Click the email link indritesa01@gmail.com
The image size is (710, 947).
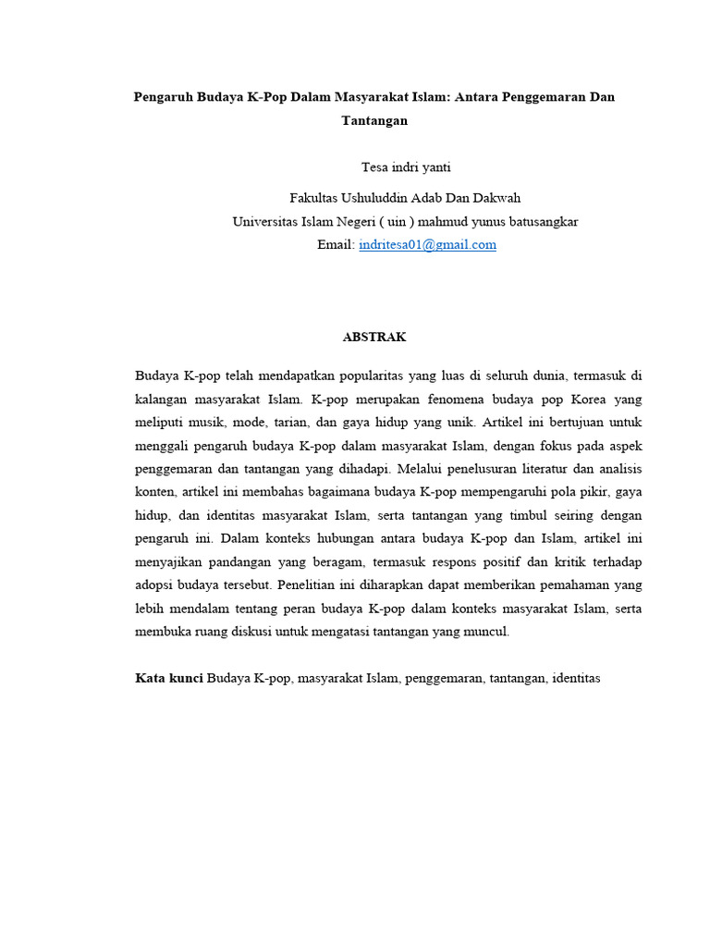point(427,245)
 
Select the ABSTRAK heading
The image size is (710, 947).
point(374,338)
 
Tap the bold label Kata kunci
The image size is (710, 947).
point(169,679)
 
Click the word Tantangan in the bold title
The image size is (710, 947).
point(374,120)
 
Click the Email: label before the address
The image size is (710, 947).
point(336,245)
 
